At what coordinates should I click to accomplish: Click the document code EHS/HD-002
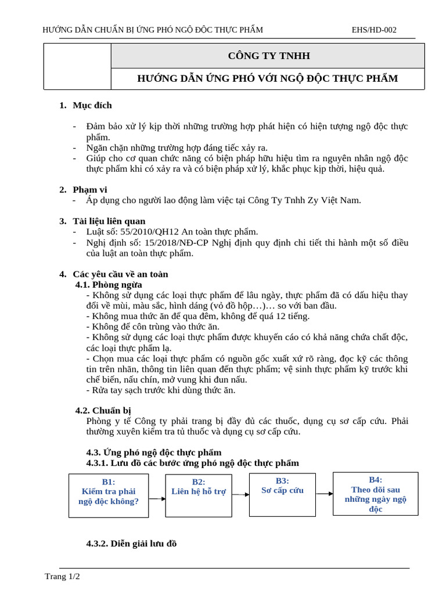tap(374, 30)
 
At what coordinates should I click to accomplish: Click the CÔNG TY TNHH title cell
tap(268, 56)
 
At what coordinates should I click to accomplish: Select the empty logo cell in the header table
tap(77, 67)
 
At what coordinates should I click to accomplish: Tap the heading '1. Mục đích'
tap(86, 105)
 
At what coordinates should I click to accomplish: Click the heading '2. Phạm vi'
tap(84, 190)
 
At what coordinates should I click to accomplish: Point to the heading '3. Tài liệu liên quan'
tap(103, 221)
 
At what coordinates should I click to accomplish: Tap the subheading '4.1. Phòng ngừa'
tap(109, 284)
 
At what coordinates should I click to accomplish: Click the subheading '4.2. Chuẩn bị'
tap(103, 410)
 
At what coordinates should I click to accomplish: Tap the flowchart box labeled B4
tap(375, 494)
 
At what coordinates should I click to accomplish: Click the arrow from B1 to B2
tap(157, 498)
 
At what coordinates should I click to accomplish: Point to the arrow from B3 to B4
tap(324, 494)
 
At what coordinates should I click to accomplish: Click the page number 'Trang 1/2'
tap(62, 576)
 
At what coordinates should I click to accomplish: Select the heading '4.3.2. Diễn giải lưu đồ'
tap(131, 544)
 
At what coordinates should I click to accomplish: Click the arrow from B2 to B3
tap(240, 494)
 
